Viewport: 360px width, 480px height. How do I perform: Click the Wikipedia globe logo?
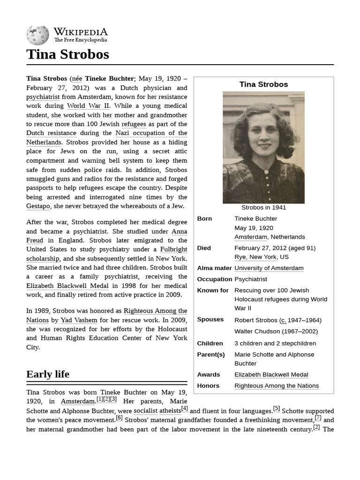pyautogui.click(x=37, y=35)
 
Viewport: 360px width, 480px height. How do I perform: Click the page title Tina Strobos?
pyautogui.click(x=67, y=54)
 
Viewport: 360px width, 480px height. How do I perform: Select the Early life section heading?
pyautogui.click(x=48, y=374)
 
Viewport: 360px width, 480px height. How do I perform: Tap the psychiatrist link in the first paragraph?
pyautogui.click(x=43, y=97)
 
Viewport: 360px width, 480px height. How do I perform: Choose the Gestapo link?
pyautogui.click(x=38, y=206)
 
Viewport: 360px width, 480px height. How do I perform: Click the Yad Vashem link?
pyautogui.click(x=79, y=320)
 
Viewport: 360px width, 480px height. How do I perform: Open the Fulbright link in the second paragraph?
pyautogui.click(x=173, y=249)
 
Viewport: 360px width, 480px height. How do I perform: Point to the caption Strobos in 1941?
pyautogui.click(x=263, y=207)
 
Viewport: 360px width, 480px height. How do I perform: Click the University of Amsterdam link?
pyautogui.click(x=269, y=268)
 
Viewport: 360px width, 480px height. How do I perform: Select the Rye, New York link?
pyautogui.click(x=255, y=257)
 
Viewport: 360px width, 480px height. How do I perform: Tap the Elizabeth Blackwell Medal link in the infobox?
pyautogui.click(x=271, y=375)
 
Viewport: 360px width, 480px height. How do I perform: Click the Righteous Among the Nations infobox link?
pyautogui.click(x=277, y=386)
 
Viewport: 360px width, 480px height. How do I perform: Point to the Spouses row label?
pyautogui.click(x=210, y=319)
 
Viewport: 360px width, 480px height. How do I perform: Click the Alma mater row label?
pyautogui.click(x=214, y=268)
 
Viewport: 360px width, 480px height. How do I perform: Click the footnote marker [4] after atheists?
pyautogui.click(x=185, y=409)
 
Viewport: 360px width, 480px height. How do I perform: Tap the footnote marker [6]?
pyautogui.click(x=119, y=418)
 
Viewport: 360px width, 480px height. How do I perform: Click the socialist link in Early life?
pyautogui.click(x=145, y=411)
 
